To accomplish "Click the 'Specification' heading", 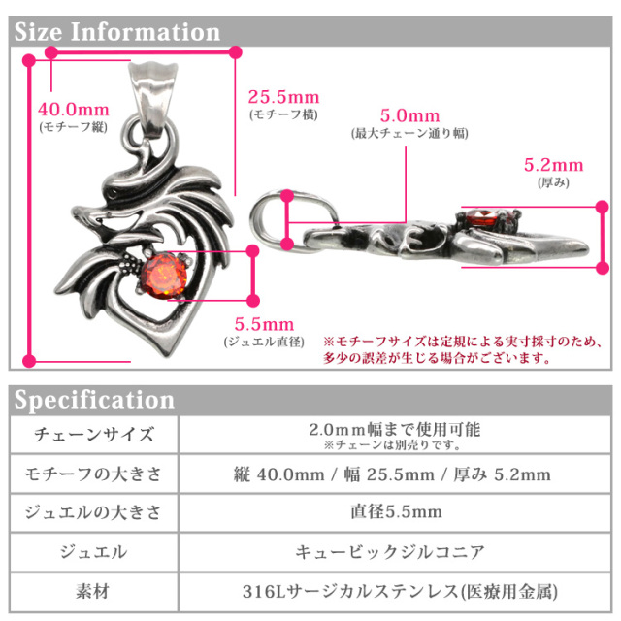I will [x=95, y=400].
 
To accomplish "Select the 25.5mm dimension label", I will [x=283, y=98].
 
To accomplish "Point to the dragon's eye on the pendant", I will [x=120, y=194].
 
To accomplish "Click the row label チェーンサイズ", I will [x=93, y=434].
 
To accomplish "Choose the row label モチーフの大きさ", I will [x=93, y=474].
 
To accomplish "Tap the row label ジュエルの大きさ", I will [x=93, y=512].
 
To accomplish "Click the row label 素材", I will [x=93, y=589].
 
